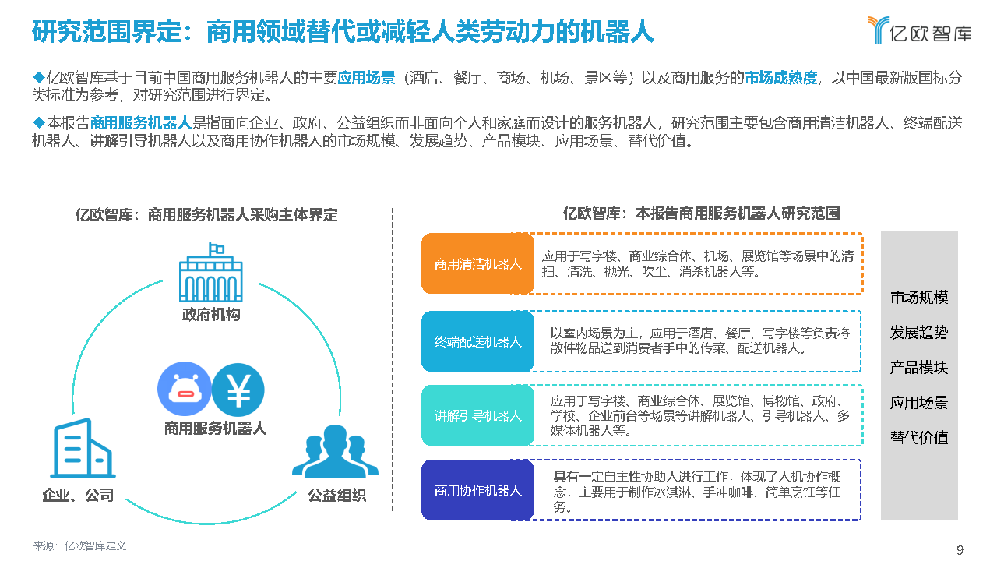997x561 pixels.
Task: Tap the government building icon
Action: [x=211, y=273]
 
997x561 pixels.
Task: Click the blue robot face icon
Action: [x=184, y=390]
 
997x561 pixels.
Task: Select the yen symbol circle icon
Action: [x=238, y=390]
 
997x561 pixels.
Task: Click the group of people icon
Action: [x=335, y=451]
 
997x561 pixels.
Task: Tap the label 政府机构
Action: [x=211, y=315]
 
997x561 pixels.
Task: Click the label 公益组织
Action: [x=336, y=496]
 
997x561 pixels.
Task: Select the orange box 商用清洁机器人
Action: [x=477, y=263]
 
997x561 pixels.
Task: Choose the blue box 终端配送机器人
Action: [x=477, y=341]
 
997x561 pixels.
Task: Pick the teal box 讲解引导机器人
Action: [x=477, y=415]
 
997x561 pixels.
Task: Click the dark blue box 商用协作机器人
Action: [x=477, y=490]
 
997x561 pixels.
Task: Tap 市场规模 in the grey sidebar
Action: [x=919, y=298]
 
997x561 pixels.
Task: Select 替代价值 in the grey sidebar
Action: [x=919, y=437]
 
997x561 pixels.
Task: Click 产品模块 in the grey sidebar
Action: [x=919, y=368]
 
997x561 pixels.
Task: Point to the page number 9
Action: [x=960, y=550]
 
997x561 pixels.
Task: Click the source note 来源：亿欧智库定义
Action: [x=79, y=546]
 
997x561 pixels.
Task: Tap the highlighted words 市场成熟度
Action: [x=780, y=77]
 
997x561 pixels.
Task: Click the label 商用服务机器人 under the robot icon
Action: [x=215, y=428]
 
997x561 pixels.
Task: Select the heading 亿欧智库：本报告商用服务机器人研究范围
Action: [x=701, y=213]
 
